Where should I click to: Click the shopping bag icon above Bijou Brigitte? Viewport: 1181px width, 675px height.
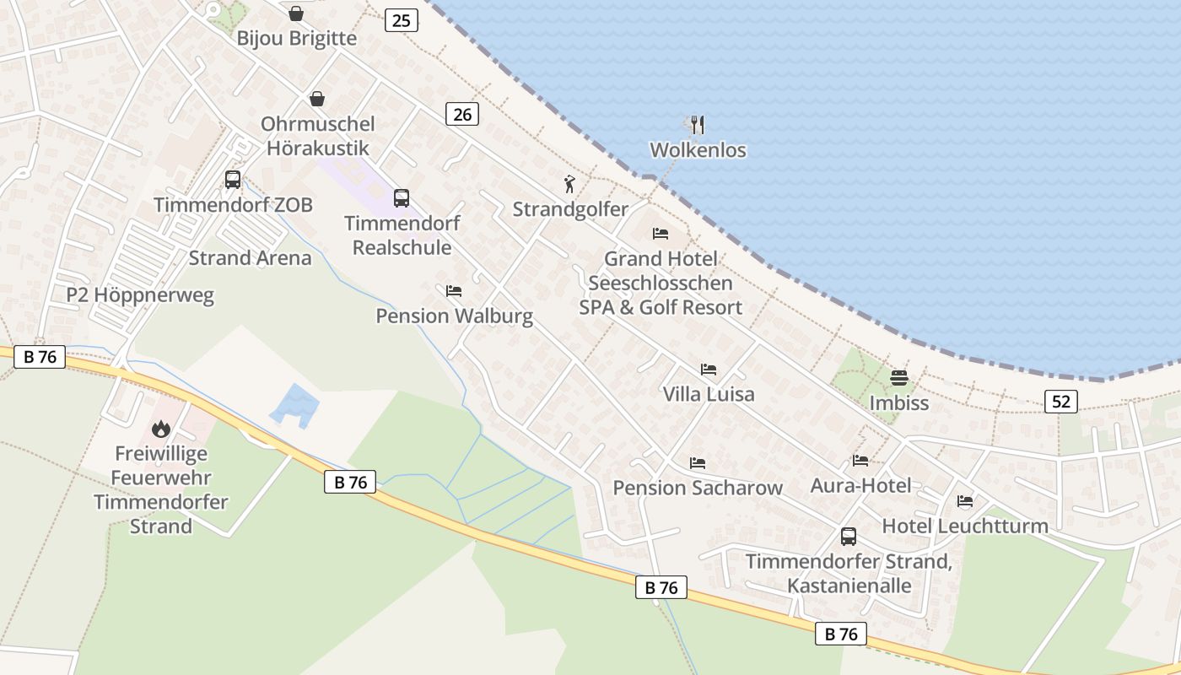pos(296,13)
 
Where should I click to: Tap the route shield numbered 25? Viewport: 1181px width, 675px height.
pos(402,20)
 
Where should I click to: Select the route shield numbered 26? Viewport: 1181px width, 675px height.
pos(462,113)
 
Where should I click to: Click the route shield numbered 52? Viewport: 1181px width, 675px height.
pos(1060,402)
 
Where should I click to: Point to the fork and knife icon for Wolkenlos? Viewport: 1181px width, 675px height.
pos(697,125)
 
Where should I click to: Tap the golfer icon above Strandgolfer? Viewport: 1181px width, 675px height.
pos(570,184)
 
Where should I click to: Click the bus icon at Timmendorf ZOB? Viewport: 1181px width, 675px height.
pos(233,180)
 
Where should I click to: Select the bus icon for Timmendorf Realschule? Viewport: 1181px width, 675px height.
pos(402,198)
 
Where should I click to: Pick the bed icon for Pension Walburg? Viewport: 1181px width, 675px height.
pos(454,291)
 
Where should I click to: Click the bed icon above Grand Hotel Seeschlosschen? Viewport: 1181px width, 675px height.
pos(661,234)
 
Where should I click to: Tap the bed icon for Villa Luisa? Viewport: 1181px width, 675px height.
pos(709,370)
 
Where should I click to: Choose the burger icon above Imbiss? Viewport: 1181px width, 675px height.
pos(898,377)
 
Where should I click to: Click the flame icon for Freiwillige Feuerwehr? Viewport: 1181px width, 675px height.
pos(161,429)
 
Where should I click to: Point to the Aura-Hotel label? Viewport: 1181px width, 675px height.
pos(860,485)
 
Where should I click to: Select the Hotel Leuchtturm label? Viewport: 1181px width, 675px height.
pos(964,526)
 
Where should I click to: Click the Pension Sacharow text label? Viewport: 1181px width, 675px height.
pos(697,488)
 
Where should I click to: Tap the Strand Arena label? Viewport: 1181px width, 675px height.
pos(250,258)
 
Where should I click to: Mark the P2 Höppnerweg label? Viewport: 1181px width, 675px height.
pos(140,295)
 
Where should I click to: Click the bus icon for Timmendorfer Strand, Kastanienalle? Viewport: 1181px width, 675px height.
pos(849,537)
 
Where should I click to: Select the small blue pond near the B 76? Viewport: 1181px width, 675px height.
pos(295,405)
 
